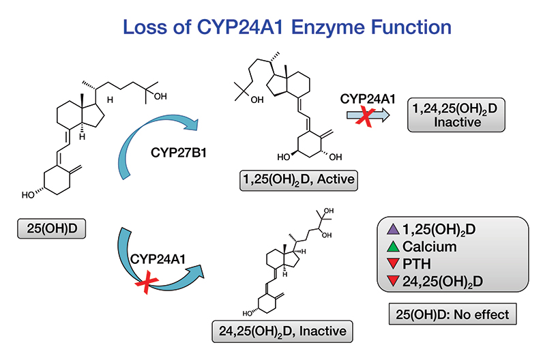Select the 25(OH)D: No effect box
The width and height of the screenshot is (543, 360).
pos(454,315)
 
